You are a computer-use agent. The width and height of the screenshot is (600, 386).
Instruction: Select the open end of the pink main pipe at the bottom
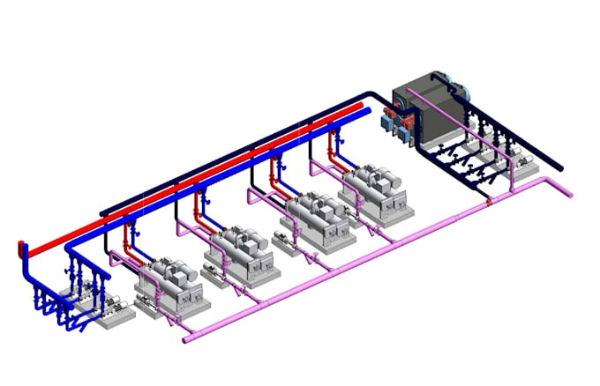point(187,339)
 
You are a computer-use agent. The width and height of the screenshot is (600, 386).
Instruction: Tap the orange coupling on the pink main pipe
point(487,204)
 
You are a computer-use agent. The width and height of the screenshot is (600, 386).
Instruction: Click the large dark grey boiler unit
point(424,110)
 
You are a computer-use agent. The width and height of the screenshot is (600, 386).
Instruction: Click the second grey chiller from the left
point(239,252)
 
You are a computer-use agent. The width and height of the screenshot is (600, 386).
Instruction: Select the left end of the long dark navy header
point(102,212)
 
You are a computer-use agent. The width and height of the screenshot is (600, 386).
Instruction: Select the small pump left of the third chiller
point(281,238)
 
